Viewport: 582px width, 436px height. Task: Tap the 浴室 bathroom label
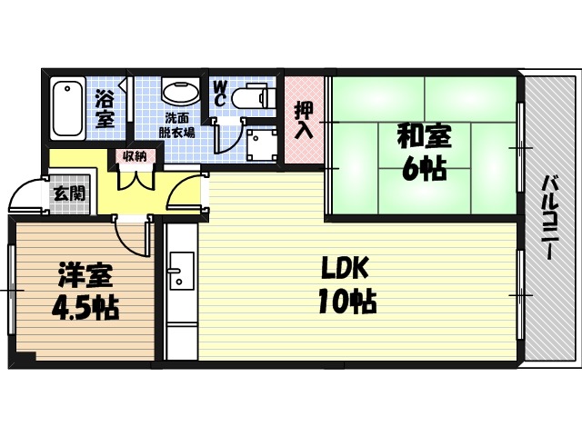click(105, 107)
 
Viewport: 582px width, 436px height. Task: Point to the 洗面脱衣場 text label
click(178, 125)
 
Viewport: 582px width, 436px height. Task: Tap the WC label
click(220, 93)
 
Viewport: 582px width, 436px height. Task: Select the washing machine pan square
click(261, 144)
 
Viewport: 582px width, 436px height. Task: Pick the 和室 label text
click(423, 138)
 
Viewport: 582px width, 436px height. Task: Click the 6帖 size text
click(423, 169)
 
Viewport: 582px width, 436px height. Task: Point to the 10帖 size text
click(346, 302)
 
